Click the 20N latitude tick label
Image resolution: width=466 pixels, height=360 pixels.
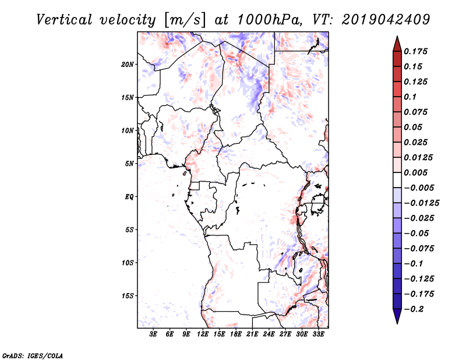click(x=128, y=65)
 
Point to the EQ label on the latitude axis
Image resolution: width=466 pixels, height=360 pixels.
click(x=129, y=197)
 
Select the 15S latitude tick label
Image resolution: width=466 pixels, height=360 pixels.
click(x=128, y=296)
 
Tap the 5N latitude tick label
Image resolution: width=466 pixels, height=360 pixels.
click(x=129, y=164)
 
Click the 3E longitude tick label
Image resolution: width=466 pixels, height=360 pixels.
click(x=153, y=334)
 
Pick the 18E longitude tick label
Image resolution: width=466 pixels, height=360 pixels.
click(x=236, y=334)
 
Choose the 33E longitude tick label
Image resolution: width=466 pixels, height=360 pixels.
click(x=318, y=334)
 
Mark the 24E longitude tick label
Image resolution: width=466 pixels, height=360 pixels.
click(x=269, y=334)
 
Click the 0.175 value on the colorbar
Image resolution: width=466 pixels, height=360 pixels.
click(x=415, y=51)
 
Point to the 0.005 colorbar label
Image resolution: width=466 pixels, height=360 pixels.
click(x=415, y=172)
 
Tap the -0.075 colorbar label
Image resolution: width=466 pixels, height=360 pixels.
click(x=419, y=249)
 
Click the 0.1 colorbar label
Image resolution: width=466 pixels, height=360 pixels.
click(x=410, y=97)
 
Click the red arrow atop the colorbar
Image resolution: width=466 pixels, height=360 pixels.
click(x=397, y=44)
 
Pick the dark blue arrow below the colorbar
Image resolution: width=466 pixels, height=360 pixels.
click(x=397, y=316)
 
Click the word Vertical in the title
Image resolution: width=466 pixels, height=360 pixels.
click(x=64, y=20)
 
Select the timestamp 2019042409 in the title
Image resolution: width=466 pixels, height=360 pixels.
click(x=386, y=20)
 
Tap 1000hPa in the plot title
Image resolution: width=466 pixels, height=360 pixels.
click(x=269, y=20)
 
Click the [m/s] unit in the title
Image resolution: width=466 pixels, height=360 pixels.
click(x=185, y=20)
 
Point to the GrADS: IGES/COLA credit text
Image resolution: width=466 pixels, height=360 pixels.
click(x=33, y=356)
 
